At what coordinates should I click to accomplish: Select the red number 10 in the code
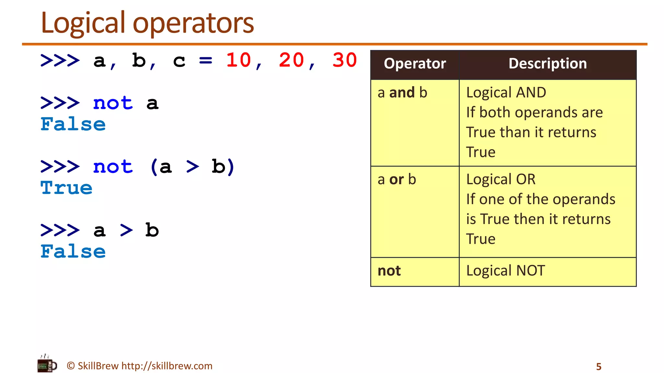(x=239, y=60)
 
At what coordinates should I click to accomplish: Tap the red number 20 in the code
(x=291, y=60)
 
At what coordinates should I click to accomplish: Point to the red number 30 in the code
(x=345, y=60)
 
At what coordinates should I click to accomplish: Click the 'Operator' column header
(x=415, y=64)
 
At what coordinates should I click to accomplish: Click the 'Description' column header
(x=548, y=64)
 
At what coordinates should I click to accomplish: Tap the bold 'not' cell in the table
(x=389, y=271)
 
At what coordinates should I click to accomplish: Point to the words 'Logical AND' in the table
(x=506, y=93)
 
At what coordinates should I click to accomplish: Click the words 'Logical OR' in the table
(x=501, y=179)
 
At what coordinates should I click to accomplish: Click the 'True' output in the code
(x=66, y=188)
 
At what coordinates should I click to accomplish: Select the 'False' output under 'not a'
(x=73, y=125)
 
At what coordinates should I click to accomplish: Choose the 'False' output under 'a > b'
(x=73, y=252)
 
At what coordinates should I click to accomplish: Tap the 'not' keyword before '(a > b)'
(x=113, y=167)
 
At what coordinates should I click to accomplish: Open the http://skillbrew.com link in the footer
(x=167, y=366)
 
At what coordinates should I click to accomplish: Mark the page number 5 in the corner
(x=599, y=367)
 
